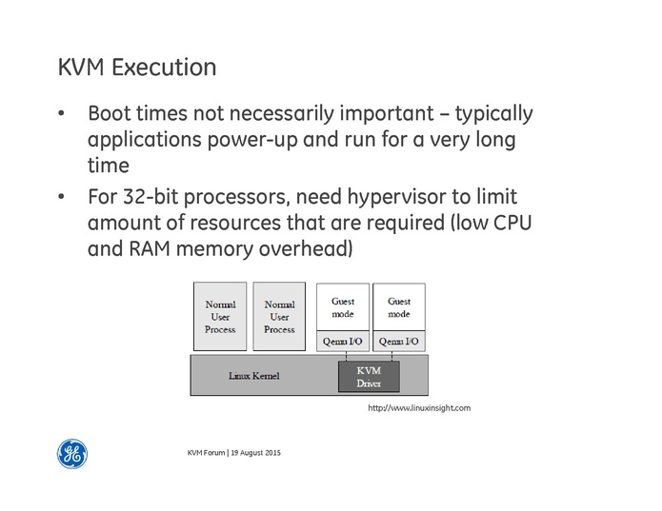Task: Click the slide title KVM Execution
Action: click(x=137, y=69)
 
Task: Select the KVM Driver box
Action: click(x=369, y=376)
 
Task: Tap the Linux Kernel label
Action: click(x=254, y=376)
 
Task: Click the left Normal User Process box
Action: click(x=220, y=317)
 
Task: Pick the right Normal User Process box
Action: click(x=279, y=317)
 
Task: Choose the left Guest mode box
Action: click(x=343, y=306)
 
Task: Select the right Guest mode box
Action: click(x=399, y=306)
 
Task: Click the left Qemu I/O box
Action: click(x=343, y=342)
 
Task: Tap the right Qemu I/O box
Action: click(x=399, y=342)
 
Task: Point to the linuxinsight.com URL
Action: click(x=419, y=408)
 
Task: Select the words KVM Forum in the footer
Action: click(x=206, y=451)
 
